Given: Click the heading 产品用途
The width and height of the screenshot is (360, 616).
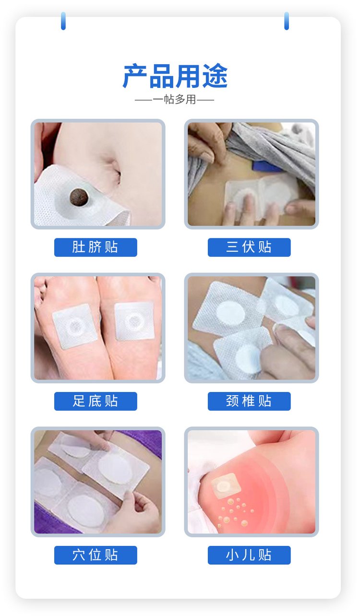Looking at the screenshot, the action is (x=175, y=76).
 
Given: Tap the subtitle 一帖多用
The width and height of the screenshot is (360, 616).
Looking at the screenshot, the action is (x=174, y=100).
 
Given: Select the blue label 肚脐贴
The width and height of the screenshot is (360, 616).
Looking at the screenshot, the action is (x=96, y=247).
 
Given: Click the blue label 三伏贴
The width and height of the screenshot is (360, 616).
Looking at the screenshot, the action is (x=249, y=247).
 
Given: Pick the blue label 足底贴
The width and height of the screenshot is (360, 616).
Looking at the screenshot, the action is (x=96, y=401).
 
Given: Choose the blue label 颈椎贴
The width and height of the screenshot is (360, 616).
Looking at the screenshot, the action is (x=249, y=401).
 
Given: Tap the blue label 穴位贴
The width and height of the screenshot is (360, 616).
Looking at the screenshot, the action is (x=96, y=555).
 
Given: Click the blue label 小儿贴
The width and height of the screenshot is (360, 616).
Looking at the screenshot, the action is (x=249, y=555).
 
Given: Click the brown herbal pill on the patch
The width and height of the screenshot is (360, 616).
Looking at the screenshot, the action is (x=78, y=197).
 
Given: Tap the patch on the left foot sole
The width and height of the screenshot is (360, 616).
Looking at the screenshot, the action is (x=75, y=326).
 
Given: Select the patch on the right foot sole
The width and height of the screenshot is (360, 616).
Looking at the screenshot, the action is (x=134, y=321).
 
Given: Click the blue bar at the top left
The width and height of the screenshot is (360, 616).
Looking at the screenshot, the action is (x=63, y=21).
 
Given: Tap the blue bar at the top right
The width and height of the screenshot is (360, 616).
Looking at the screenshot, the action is (x=287, y=21).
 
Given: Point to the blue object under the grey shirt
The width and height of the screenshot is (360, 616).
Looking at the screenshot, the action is (x=267, y=166).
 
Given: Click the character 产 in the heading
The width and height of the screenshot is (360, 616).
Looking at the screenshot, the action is (x=135, y=76).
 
